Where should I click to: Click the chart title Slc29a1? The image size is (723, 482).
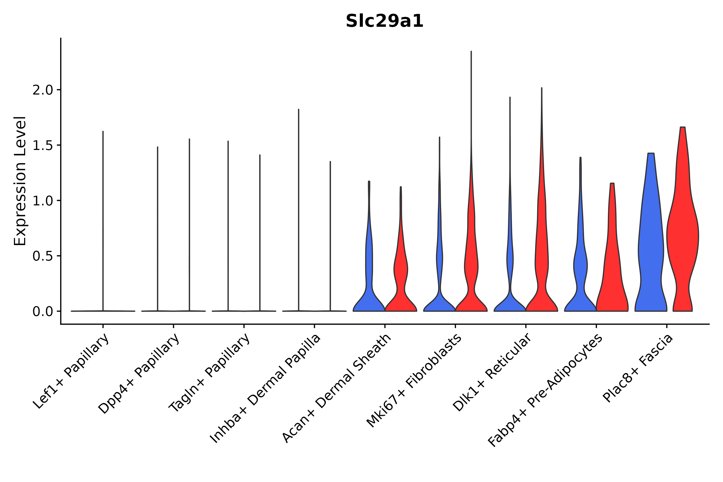(384, 21)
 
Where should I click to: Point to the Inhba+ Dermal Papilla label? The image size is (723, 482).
(266, 389)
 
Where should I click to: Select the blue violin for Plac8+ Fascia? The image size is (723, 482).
(650, 246)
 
